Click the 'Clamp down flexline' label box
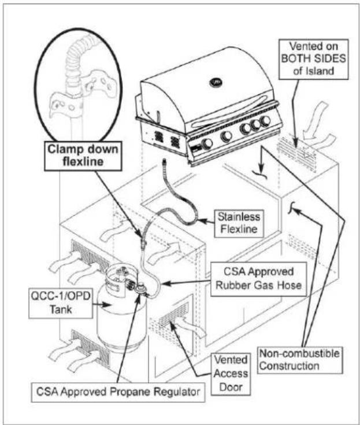[83, 156]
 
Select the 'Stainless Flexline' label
[239, 223]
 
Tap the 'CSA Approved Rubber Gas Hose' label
[258, 279]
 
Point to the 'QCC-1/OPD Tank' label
[61, 303]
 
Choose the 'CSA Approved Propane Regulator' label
[118, 391]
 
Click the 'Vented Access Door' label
[231, 374]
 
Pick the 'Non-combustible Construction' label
[299, 360]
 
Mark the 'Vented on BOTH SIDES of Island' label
[313, 59]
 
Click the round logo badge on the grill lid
[216, 82]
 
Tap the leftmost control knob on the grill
[207, 143]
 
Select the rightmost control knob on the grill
[265, 121]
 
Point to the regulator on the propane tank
[141, 289]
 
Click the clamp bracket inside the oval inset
[84, 92]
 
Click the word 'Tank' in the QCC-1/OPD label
[61, 309]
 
